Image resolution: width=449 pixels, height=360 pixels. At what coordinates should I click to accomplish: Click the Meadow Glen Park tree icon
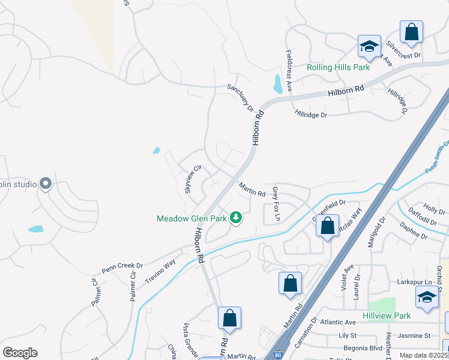(x=236, y=217)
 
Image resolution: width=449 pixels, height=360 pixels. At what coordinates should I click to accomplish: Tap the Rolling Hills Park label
(x=339, y=68)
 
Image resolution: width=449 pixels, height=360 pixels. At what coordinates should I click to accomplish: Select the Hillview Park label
(x=387, y=316)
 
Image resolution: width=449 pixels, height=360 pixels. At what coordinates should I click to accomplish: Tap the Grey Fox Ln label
(x=276, y=203)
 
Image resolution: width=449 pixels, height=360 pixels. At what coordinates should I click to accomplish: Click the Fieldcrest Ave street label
(x=289, y=70)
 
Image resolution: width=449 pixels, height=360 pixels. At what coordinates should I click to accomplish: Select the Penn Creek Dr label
(x=122, y=265)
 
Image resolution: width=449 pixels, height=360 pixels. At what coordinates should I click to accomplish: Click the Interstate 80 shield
(x=278, y=355)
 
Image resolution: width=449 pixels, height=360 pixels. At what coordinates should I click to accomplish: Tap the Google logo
(x=20, y=352)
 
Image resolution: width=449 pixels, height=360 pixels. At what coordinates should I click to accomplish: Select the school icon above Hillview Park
(x=427, y=296)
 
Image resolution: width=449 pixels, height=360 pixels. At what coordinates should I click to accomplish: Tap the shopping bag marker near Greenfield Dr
(x=327, y=227)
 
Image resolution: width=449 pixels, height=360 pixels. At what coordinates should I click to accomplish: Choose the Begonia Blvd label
(x=360, y=347)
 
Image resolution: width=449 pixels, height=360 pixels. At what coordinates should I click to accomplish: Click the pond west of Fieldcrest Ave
(x=278, y=83)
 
